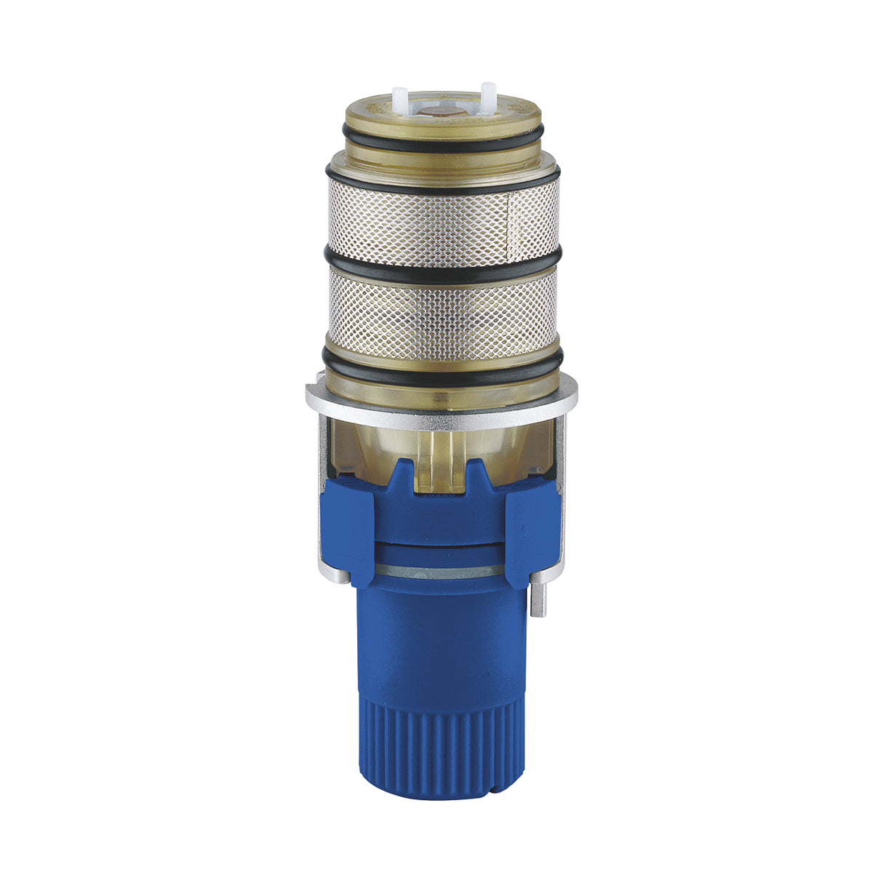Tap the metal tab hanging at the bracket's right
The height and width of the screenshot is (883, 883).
click(x=538, y=596)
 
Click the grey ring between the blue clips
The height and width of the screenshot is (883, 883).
click(x=442, y=572)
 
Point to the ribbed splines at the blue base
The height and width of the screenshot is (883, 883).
click(x=442, y=742)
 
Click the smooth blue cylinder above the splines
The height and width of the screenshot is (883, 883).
click(x=442, y=640)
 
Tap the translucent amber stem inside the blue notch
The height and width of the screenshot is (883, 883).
click(x=442, y=466)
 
